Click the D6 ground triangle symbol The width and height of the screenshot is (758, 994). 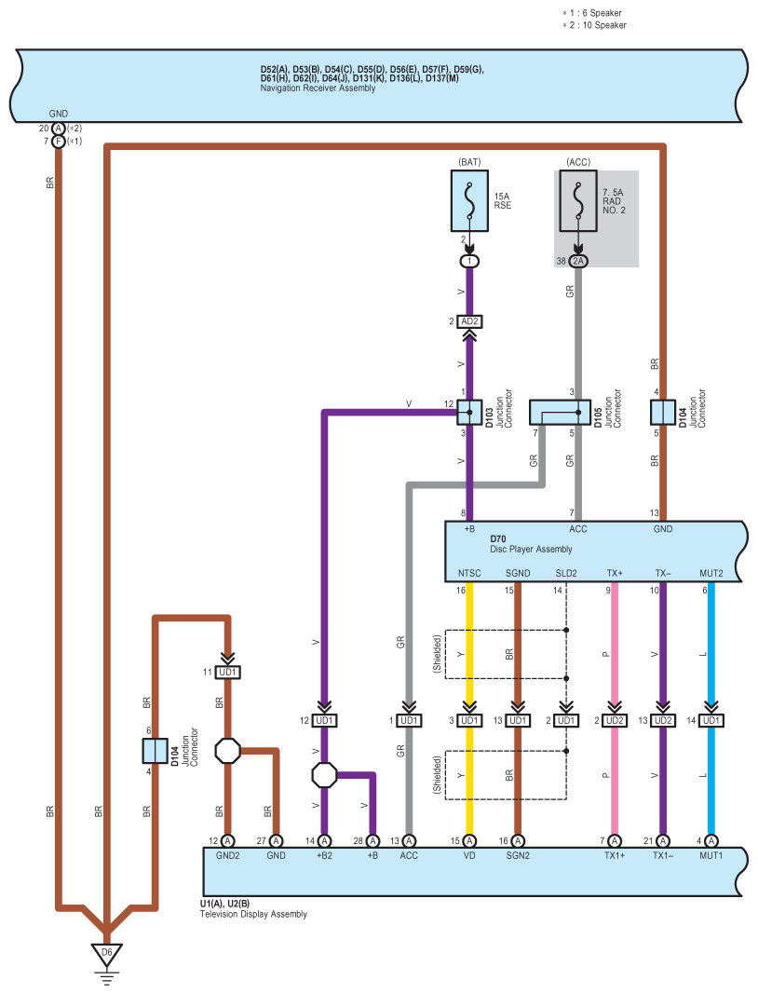106,954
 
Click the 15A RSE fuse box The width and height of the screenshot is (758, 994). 469,200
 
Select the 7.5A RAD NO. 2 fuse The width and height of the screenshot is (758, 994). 578,200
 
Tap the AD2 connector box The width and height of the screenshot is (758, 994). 469,321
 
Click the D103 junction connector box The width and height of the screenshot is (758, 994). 469,412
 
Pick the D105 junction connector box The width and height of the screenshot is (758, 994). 560,412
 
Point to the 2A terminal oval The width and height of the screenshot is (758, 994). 578,261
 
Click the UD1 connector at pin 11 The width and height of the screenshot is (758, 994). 227,672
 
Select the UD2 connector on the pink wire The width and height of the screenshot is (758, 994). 615,721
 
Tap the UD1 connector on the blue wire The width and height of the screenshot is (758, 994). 711,721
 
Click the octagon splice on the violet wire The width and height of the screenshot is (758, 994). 324,775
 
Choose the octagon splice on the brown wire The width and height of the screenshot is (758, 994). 227,751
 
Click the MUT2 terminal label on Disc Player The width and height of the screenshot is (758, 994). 711,573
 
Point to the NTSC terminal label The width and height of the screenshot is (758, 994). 469,573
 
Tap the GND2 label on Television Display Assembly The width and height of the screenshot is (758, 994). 227,856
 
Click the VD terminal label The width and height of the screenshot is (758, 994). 469,856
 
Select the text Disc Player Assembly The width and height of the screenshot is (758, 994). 531,549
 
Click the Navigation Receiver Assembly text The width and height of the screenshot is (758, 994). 318,89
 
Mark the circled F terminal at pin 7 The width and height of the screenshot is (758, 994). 59,142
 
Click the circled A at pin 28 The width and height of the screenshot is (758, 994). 372,841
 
